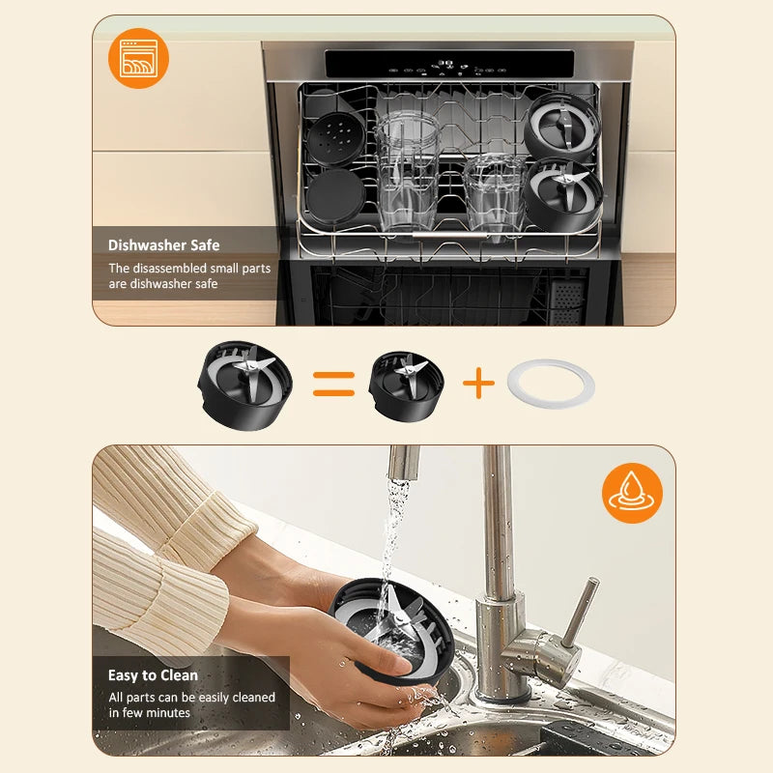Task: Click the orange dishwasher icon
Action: (x=138, y=58)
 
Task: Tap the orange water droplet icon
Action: (x=632, y=493)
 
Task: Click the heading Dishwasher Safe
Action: (x=163, y=245)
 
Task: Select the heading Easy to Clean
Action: (x=153, y=674)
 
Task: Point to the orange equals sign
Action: (x=333, y=384)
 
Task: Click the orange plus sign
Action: (x=478, y=383)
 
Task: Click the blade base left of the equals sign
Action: (x=245, y=386)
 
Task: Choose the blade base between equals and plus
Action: (x=406, y=386)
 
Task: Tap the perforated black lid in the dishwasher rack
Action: (x=335, y=138)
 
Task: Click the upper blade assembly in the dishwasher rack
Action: (x=562, y=128)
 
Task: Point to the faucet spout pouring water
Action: (x=404, y=463)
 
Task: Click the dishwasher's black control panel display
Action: (x=449, y=64)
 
